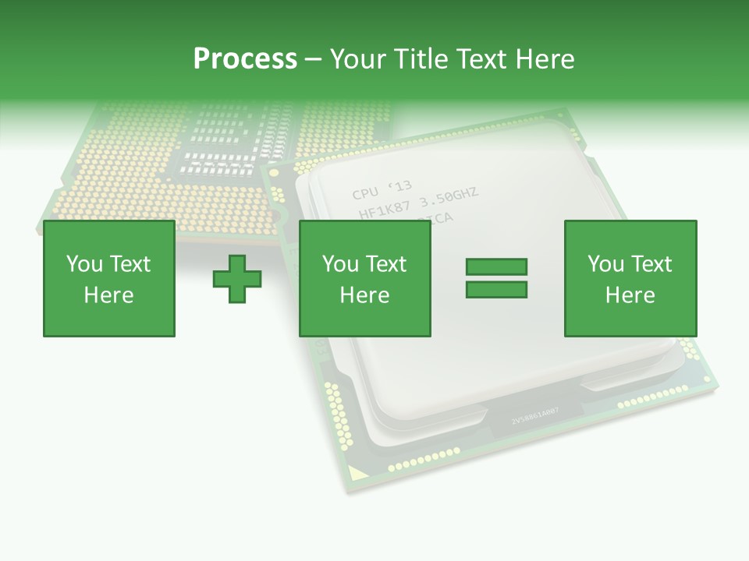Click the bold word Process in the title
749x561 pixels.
(x=245, y=59)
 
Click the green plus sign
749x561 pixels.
(x=237, y=279)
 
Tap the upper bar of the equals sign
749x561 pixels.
(x=496, y=267)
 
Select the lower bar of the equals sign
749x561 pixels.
(x=496, y=290)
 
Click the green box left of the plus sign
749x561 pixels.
(x=109, y=278)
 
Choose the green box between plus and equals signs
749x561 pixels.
(x=364, y=278)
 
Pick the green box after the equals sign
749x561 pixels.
(x=630, y=278)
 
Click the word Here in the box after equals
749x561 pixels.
(x=630, y=295)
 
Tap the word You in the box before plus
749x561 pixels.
(x=83, y=264)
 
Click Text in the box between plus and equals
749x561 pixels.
(x=386, y=264)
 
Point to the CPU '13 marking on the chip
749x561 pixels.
(x=382, y=190)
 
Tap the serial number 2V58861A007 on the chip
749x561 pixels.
(x=534, y=421)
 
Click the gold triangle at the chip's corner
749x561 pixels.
(x=355, y=471)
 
